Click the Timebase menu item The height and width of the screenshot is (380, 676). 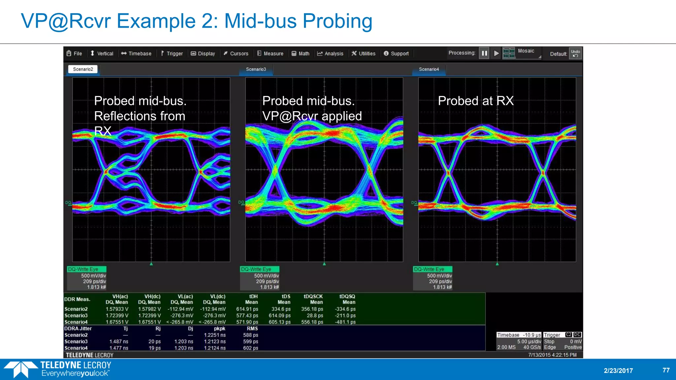pyautogui.click(x=136, y=53)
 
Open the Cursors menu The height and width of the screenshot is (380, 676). pyautogui.click(x=236, y=53)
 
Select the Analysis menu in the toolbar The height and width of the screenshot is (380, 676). pyautogui.click(x=330, y=53)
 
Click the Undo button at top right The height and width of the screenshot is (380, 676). pyautogui.click(x=575, y=53)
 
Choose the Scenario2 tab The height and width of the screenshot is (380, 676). pyautogui.click(x=83, y=69)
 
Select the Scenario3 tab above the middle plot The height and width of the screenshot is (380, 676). pyautogui.click(x=256, y=69)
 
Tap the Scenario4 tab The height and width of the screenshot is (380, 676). pyautogui.click(x=429, y=69)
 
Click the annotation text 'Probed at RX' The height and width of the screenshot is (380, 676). pyautogui.click(x=476, y=101)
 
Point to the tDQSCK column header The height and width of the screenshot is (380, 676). pyautogui.click(x=313, y=297)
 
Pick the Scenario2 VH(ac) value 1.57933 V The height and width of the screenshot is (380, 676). pyautogui.click(x=117, y=309)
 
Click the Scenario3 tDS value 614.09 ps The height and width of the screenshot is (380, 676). pyautogui.click(x=279, y=316)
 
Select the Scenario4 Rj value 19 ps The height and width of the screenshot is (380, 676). pyautogui.click(x=154, y=348)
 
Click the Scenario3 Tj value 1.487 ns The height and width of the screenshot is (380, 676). pyautogui.click(x=118, y=342)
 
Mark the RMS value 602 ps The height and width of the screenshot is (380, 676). pyautogui.click(x=251, y=348)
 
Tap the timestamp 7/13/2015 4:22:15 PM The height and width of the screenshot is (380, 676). pyautogui.click(x=552, y=355)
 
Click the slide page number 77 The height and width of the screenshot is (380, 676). pyautogui.click(x=666, y=370)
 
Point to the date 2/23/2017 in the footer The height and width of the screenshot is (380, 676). pyautogui.click(x=618, y=370)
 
